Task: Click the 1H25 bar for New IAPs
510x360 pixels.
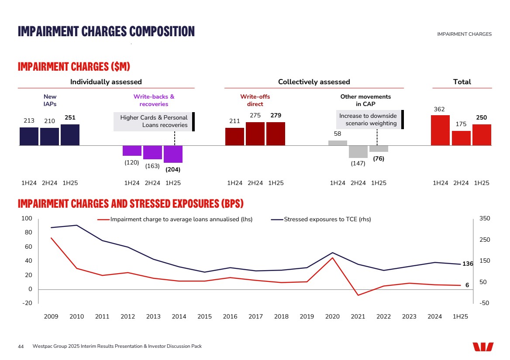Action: tap(70, 135)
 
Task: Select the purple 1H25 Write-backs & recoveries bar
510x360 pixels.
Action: tap(173, 154)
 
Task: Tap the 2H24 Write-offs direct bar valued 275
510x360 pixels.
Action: tap(255, 134)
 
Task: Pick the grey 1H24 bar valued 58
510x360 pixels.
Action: tap(338, 143)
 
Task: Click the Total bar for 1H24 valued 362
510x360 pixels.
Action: tap(440, 130)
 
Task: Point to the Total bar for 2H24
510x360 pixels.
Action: tap(461, 138)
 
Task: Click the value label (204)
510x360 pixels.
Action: tap(173, 169)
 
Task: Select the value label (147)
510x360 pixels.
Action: tap(358, 163)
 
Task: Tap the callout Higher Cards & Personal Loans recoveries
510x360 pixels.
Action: tap(153, 121)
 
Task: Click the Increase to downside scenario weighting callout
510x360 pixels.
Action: tap(368, 120)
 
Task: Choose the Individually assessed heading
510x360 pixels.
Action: tap(106, 82)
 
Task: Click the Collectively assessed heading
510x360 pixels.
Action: tap(314, 82)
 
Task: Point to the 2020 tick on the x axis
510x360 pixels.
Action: tap(332, 317)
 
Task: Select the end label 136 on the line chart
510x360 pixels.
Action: tap(468, 264)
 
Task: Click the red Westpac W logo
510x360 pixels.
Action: tap(483, 346)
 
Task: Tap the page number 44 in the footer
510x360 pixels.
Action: tap(21, 346)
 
